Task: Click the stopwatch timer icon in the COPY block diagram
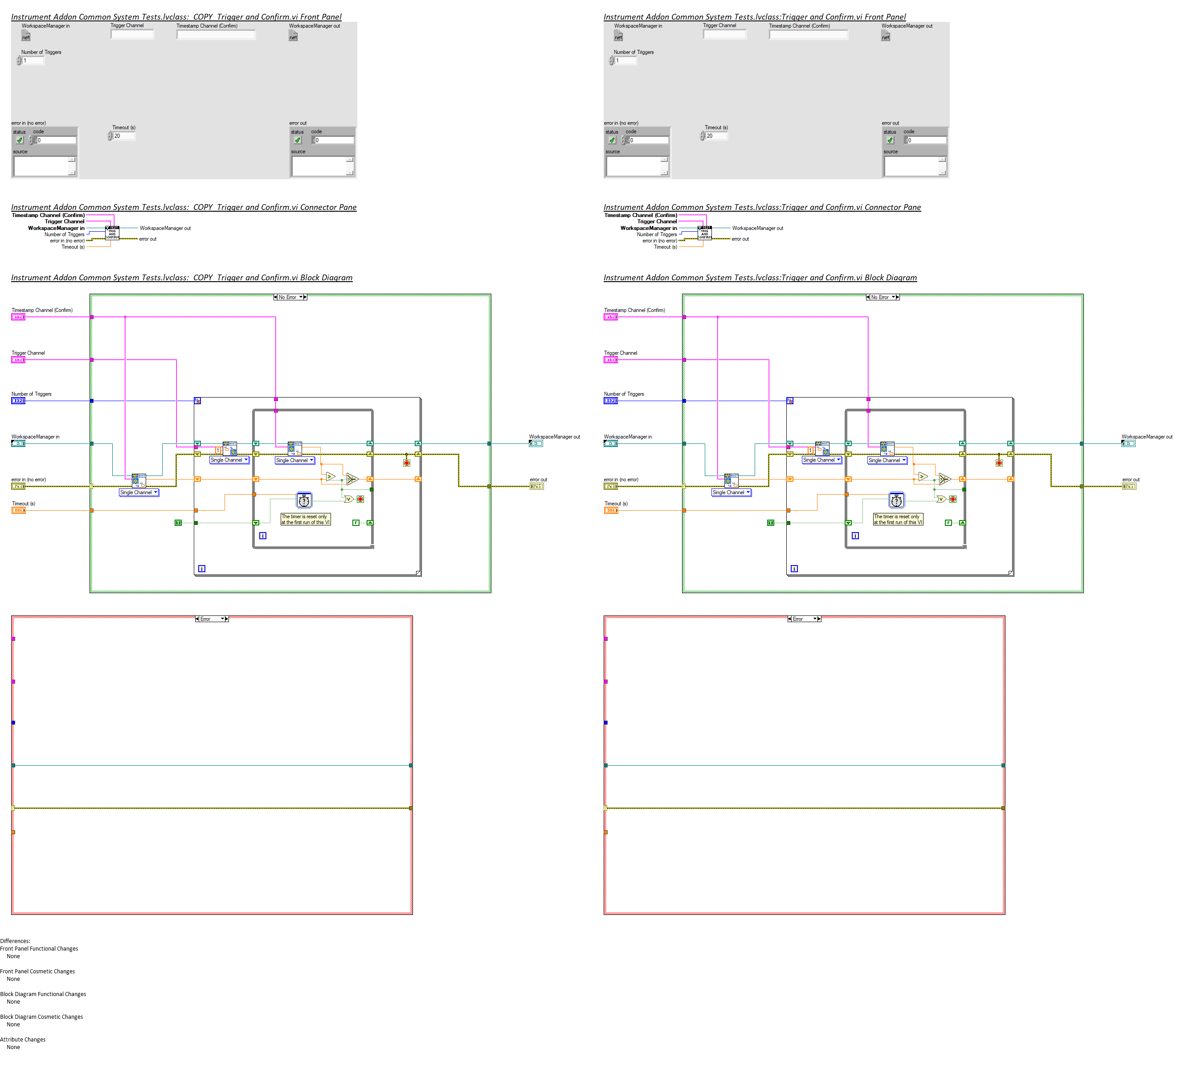[304, 500]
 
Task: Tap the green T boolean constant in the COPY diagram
[178, 522]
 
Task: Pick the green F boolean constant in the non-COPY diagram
[948, 522]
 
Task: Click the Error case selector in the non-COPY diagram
[803, 619]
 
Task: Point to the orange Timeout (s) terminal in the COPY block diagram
[18, 511]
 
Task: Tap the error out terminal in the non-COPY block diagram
[1129, 487]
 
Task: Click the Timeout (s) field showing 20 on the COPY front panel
[123, 136]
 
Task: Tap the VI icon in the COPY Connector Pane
[112, 233]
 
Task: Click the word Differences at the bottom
[15, 941]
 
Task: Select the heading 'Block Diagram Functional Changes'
[43, 994]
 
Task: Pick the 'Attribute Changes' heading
[23, 1040]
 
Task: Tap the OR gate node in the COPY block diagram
[348, 499]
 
